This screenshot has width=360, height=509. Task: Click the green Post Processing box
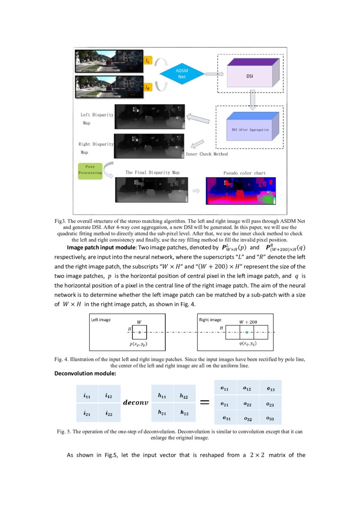90,169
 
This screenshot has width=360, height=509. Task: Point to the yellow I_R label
148,87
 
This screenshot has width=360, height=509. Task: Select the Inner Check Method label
206,154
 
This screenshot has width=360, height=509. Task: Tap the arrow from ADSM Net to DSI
211,74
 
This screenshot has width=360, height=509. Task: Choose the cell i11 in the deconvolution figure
87,396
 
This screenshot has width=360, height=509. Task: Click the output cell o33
270,418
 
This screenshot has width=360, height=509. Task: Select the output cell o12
247,388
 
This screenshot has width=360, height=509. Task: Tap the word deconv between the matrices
135,403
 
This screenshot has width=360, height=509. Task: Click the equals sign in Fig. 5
204,403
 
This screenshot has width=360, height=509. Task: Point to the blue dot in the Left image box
139,333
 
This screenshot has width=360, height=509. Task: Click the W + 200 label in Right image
248,322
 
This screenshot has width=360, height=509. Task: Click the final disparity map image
150,190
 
